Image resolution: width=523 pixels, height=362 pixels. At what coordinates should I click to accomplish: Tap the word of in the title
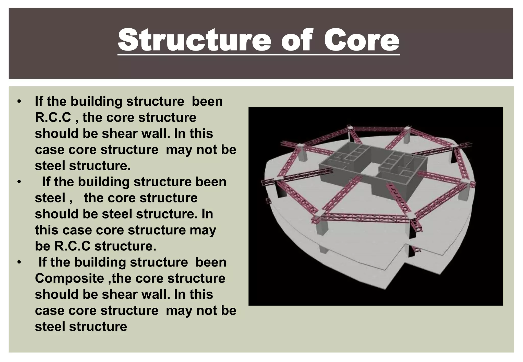(297, 40)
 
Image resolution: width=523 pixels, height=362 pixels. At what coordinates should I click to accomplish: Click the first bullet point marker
(19, 102)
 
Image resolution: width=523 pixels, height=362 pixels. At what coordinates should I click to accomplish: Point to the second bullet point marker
(19, 182)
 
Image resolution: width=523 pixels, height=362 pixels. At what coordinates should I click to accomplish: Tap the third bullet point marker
(19, 262)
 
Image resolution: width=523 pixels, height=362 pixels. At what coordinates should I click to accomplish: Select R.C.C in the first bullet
(53, 118)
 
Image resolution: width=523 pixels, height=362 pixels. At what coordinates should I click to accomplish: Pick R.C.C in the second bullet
(72, 246)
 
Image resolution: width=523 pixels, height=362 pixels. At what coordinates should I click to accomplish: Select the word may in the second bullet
(203, 230)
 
